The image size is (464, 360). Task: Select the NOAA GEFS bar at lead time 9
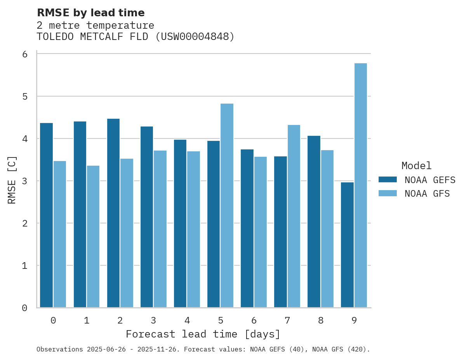click(347, 245)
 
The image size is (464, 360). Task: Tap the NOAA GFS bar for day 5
click(227, 206)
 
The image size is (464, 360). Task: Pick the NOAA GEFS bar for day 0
click(46, 215)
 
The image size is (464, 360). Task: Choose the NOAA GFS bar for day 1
click(93, 237)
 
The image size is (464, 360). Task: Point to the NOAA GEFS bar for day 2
click(113, 213)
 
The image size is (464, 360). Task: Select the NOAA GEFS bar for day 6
click(247, 228)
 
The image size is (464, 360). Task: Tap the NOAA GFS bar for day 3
click(160, 229)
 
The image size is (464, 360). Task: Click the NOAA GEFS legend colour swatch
click(388, 180)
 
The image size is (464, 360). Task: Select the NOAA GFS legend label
click(427, 194)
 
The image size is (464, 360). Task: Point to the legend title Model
click(416, 166)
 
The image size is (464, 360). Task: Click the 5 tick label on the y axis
click(25, 96)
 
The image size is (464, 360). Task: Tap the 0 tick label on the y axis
click(25, 308)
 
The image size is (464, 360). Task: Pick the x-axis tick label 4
click(187, 320)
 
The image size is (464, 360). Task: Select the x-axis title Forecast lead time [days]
click(203, 334)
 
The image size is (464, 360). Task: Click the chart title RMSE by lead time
click(90, 13)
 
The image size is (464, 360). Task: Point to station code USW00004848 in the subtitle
click(196, 37)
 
